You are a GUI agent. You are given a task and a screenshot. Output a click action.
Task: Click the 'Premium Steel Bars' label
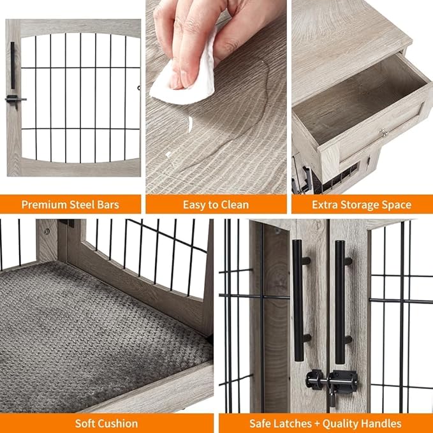coord(71,205)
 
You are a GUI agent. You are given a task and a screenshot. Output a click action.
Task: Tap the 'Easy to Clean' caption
coord(216,205)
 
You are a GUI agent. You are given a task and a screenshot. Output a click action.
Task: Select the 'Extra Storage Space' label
coord(362,205)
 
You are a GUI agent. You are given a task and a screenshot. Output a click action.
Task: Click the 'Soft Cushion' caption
coord(106,423)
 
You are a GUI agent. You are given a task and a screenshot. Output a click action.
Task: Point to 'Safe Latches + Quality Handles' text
coord(325,423)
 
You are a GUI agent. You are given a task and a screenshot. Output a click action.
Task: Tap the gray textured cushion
coord(96,332)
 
